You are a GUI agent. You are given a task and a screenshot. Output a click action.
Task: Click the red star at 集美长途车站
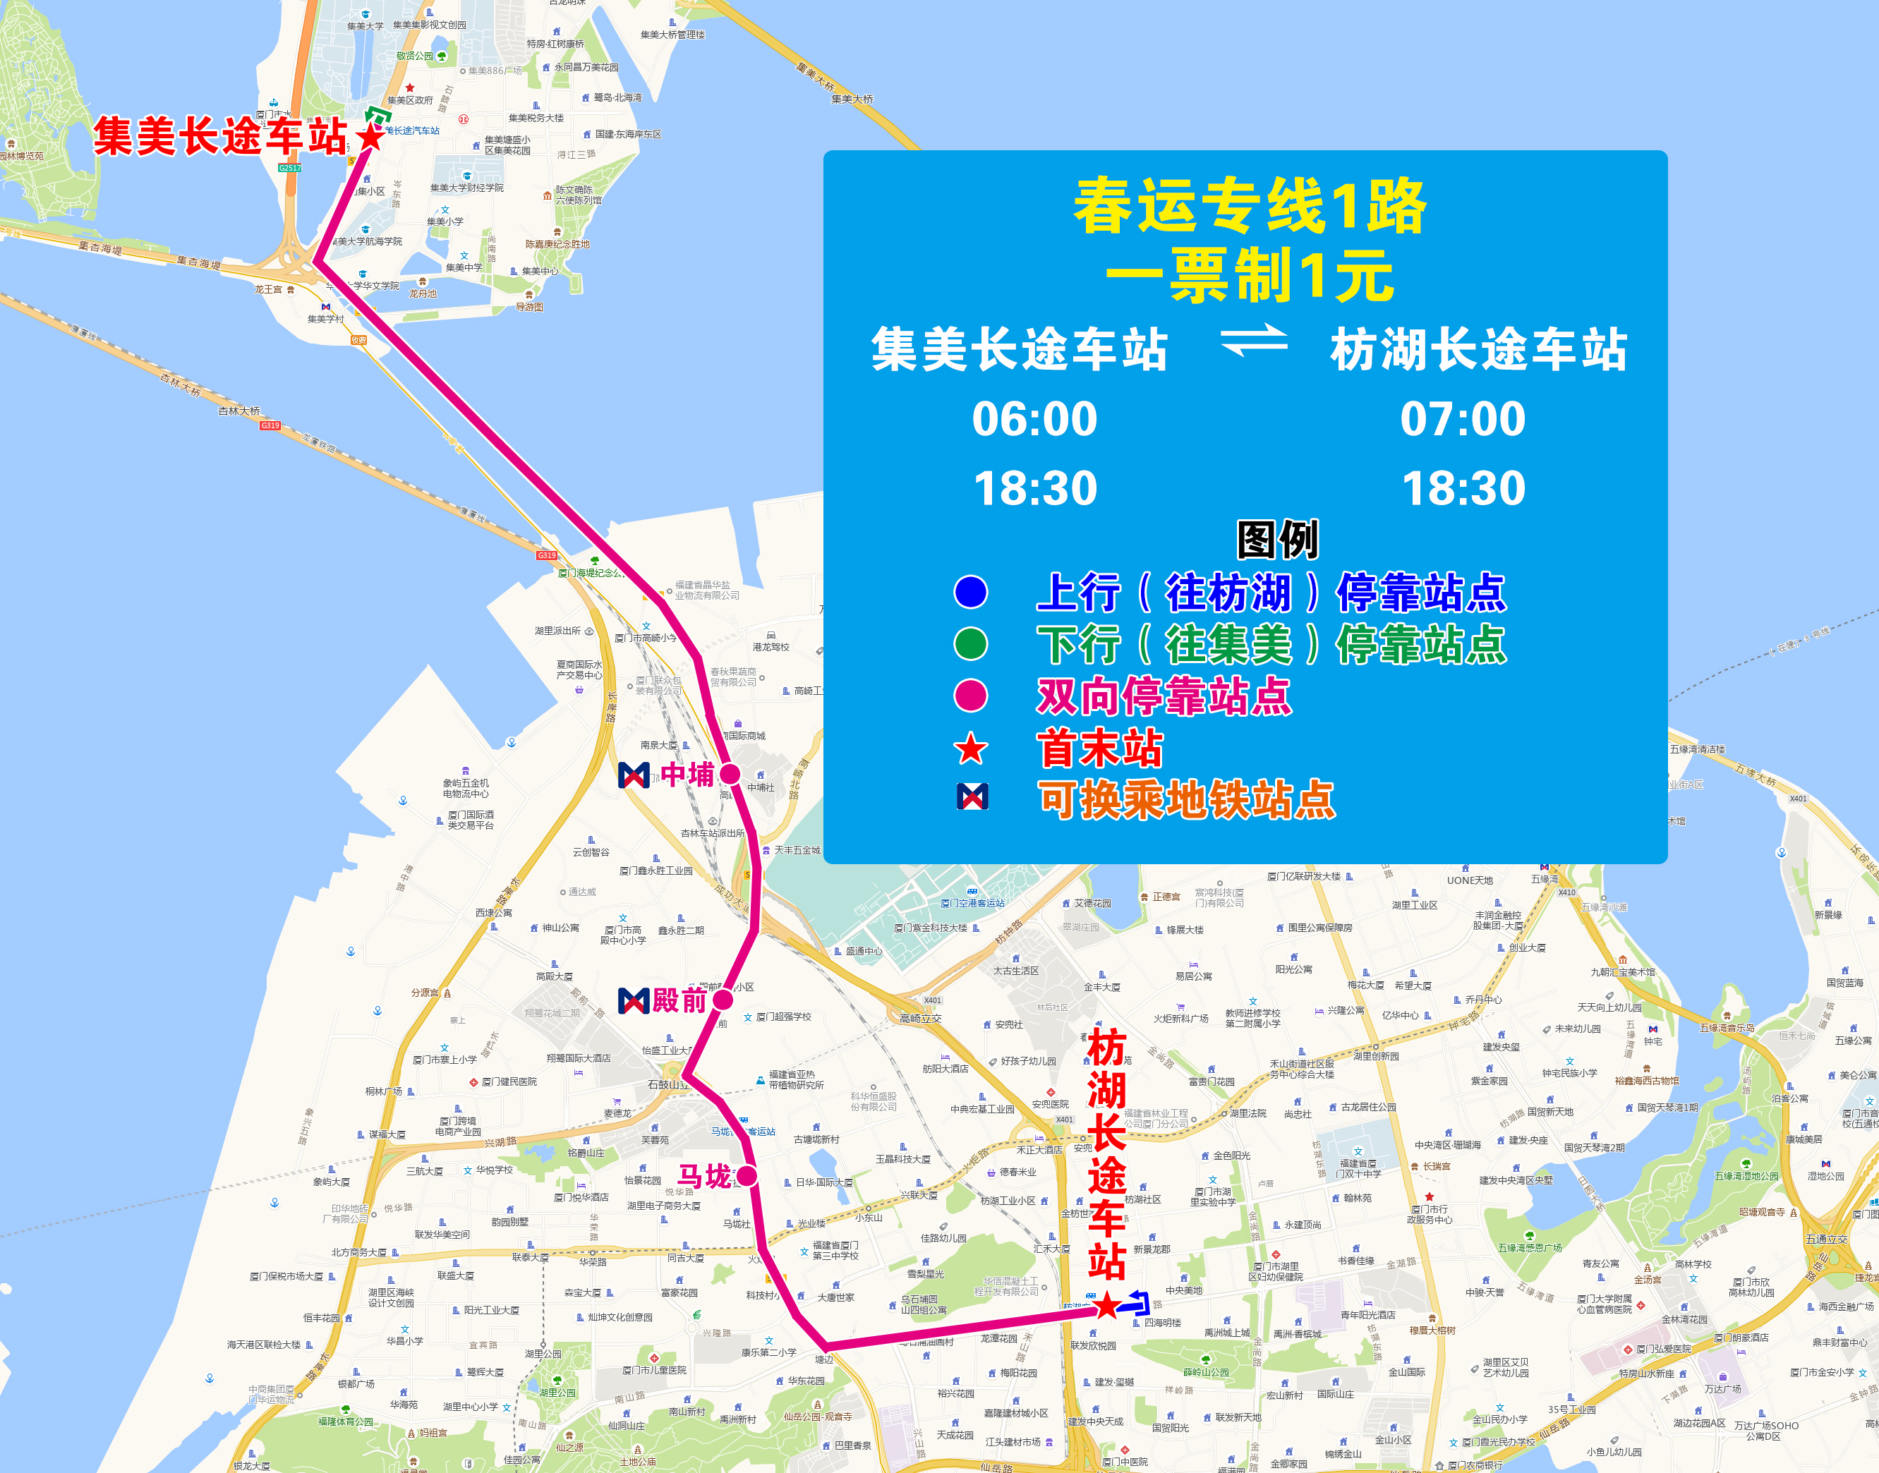(x=370, y=136)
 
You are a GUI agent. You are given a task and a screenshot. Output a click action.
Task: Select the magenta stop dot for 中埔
(x=730, y=774)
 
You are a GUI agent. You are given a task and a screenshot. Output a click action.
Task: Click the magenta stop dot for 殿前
(x=723, y=1000)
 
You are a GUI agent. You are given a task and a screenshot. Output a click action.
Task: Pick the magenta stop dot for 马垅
(x=747, y=1175)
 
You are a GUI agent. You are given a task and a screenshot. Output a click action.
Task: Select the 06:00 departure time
(x=1034, y=419)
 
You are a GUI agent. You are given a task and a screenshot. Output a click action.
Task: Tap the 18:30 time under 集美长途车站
(x=1034, y=488)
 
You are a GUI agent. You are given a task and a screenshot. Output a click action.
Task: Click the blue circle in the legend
(x=971, y=592)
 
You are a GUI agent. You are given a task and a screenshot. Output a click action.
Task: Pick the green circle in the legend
(x=971, y=643)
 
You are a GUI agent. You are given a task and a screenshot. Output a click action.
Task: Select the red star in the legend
(x=971, y=748)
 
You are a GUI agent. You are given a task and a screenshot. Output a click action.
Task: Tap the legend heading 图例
(x=1278, y=540)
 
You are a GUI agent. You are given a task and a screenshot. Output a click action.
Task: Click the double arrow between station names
(x=1254, y=340)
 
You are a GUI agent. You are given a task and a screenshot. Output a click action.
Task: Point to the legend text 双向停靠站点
(x=1164, y=696)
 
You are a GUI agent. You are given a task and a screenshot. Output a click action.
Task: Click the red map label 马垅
(x=705, y=1175)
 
